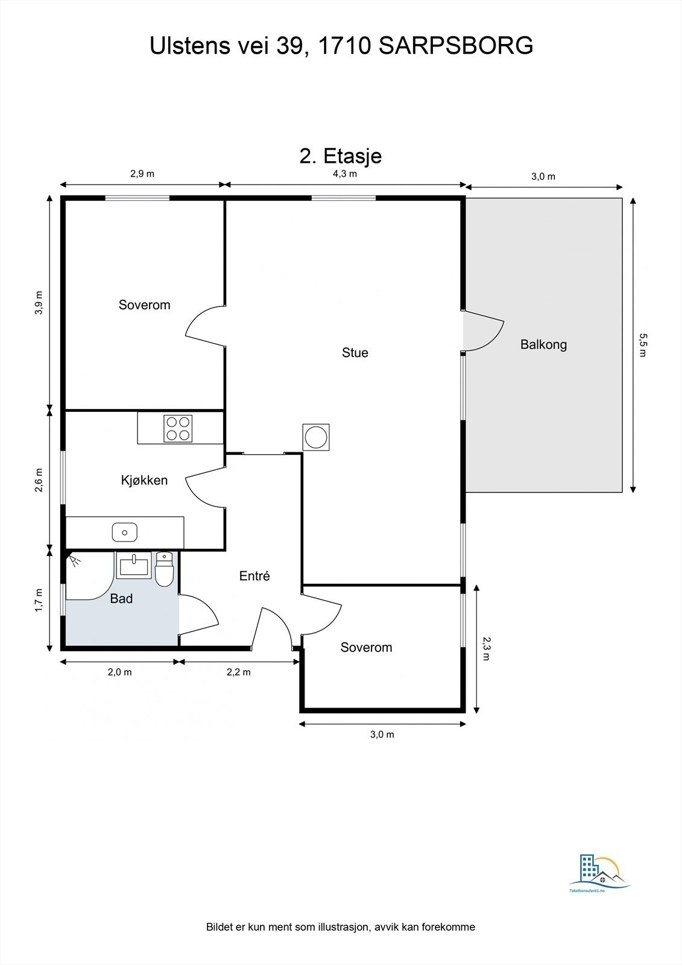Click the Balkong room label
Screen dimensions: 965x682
(543, 345)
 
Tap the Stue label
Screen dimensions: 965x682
(355, 353)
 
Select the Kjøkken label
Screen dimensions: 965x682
(144, 481)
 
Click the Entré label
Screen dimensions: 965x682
(254, 576)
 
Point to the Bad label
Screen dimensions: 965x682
(121, 599)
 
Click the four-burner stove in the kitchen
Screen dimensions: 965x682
(178, 428)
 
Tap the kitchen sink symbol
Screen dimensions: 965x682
(124, 532)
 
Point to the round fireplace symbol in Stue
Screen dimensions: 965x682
(316, 436)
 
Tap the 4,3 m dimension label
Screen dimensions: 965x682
(345, 174)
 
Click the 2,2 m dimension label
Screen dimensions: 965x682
(238, 672)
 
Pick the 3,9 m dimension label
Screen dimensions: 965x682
(39, 303)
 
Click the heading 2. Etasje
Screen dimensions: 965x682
(341, 156)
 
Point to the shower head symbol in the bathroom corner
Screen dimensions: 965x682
(74, 561)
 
